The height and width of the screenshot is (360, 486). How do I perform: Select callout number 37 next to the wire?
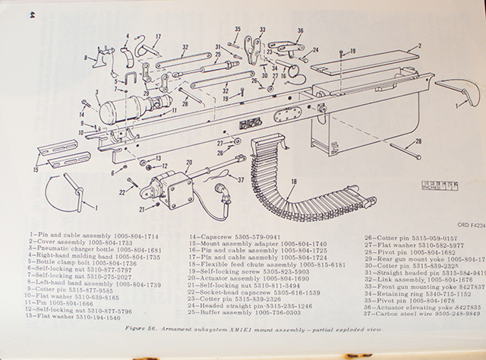point(242,180)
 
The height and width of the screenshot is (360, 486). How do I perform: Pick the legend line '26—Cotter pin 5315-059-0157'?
point(402,237)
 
